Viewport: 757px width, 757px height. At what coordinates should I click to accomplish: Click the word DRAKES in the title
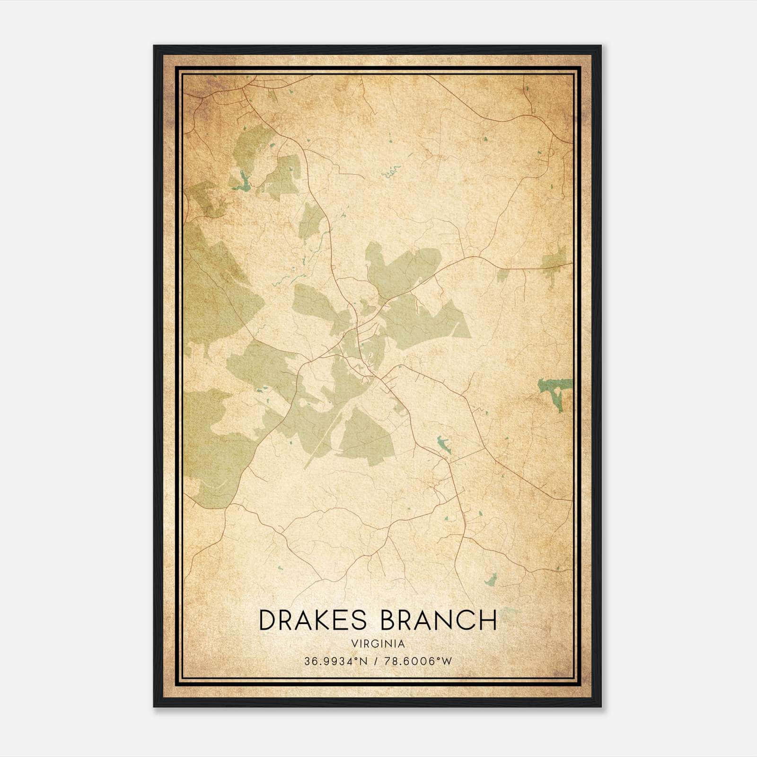pos(313,620)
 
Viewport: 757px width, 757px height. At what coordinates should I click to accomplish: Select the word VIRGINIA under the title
pos(378,644)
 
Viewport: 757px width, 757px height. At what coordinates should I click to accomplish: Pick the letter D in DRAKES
pos(268,620)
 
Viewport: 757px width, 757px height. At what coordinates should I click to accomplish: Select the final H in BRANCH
pos(489,620)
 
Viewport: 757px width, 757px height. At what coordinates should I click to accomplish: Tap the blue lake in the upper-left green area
pos(244,182)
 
